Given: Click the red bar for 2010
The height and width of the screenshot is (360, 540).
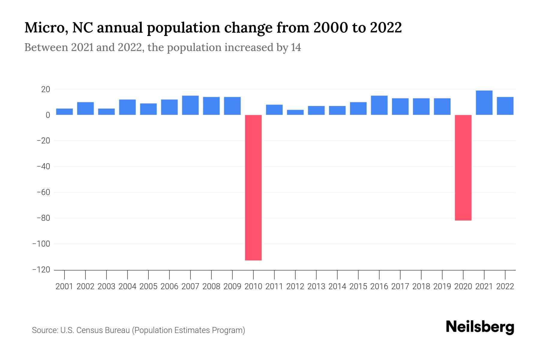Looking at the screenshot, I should (253, 187).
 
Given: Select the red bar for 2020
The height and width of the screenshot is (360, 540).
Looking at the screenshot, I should (463, 168).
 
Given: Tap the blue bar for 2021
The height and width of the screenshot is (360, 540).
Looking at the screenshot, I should (484, 103).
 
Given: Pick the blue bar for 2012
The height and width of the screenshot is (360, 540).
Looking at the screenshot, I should (295, 112).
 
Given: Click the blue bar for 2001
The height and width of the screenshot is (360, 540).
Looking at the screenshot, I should (64, 112).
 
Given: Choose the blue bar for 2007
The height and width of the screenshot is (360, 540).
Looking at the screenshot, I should (190, 105).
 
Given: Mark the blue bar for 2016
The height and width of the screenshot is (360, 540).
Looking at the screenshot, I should (379, 105).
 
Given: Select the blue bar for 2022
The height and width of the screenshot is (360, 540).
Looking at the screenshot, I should (505, 106).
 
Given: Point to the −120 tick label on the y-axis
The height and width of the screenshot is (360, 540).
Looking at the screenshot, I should (41, 270).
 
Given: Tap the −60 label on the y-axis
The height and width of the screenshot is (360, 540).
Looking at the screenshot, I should (43, 192).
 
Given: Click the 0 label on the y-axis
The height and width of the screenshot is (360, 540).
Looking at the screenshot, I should (48, 115).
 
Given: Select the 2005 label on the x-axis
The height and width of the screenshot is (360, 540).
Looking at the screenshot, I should (148, 286).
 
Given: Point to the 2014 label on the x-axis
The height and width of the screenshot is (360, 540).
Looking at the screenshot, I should (337, 286).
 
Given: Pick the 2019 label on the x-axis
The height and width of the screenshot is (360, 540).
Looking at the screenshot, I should (442, 286).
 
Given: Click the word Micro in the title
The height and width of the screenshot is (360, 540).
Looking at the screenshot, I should (44, 28).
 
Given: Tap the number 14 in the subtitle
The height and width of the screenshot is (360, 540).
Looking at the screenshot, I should (295, 47).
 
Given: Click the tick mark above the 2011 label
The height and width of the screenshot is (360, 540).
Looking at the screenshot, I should (274, 274).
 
